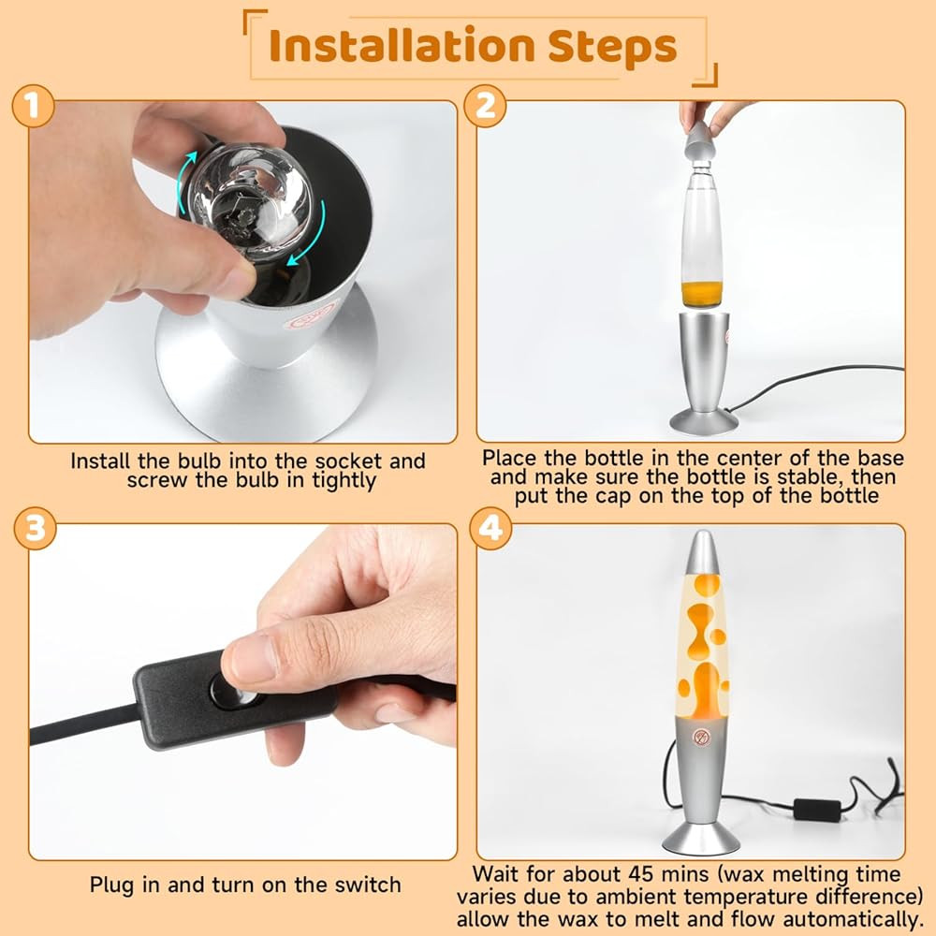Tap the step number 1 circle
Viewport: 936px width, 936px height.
click(x=34, y=106)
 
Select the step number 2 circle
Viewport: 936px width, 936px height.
click(x=485, y=106)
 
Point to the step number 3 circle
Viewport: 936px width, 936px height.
click(x=35, y=528)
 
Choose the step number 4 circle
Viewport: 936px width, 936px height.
click(x=490, y=528)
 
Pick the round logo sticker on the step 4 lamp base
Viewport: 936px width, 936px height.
click(x=701, y=738)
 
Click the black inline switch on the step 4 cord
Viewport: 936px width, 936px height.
click(x=816, y=810)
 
